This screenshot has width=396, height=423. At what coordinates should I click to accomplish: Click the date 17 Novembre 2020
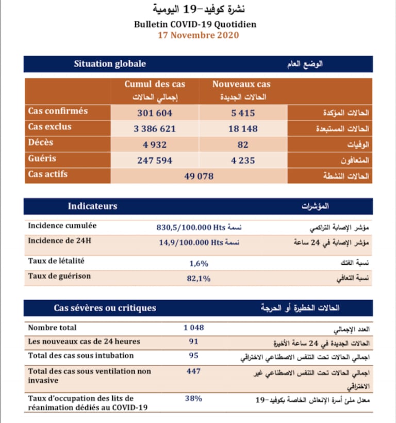pos(198,35)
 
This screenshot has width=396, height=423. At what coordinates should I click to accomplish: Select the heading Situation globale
pos(110,64)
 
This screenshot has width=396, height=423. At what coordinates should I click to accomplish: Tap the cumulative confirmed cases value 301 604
pos(155,113)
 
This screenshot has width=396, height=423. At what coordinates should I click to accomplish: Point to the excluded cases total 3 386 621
pos(155,129)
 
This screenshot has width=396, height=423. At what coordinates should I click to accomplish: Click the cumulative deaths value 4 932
pos(155,145)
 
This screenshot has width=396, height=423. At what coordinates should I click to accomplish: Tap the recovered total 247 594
pos(155,160)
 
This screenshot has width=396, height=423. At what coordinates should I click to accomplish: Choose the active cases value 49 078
pos(199,176)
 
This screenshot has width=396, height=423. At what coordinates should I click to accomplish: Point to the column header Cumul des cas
pos(155,84)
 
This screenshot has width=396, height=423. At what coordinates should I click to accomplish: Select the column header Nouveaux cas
pos(241,84)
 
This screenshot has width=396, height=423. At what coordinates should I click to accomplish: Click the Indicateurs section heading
pos(93,206)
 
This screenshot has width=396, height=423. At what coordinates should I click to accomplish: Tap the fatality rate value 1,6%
pos(199,263)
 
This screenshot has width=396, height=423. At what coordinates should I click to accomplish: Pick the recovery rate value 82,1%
pos(199,279)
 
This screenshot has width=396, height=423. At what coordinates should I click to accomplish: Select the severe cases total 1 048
pos(194,328)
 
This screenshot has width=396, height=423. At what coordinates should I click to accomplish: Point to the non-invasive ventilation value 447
pos(194,371)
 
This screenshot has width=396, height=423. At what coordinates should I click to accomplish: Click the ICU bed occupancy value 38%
pos(194,398)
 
